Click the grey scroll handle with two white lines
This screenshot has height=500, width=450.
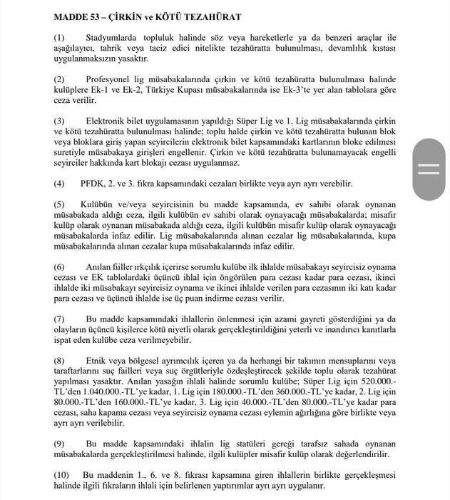point(429,169)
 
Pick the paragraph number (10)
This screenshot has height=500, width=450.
point(62,474)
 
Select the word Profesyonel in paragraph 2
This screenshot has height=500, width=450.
point(113,79)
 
